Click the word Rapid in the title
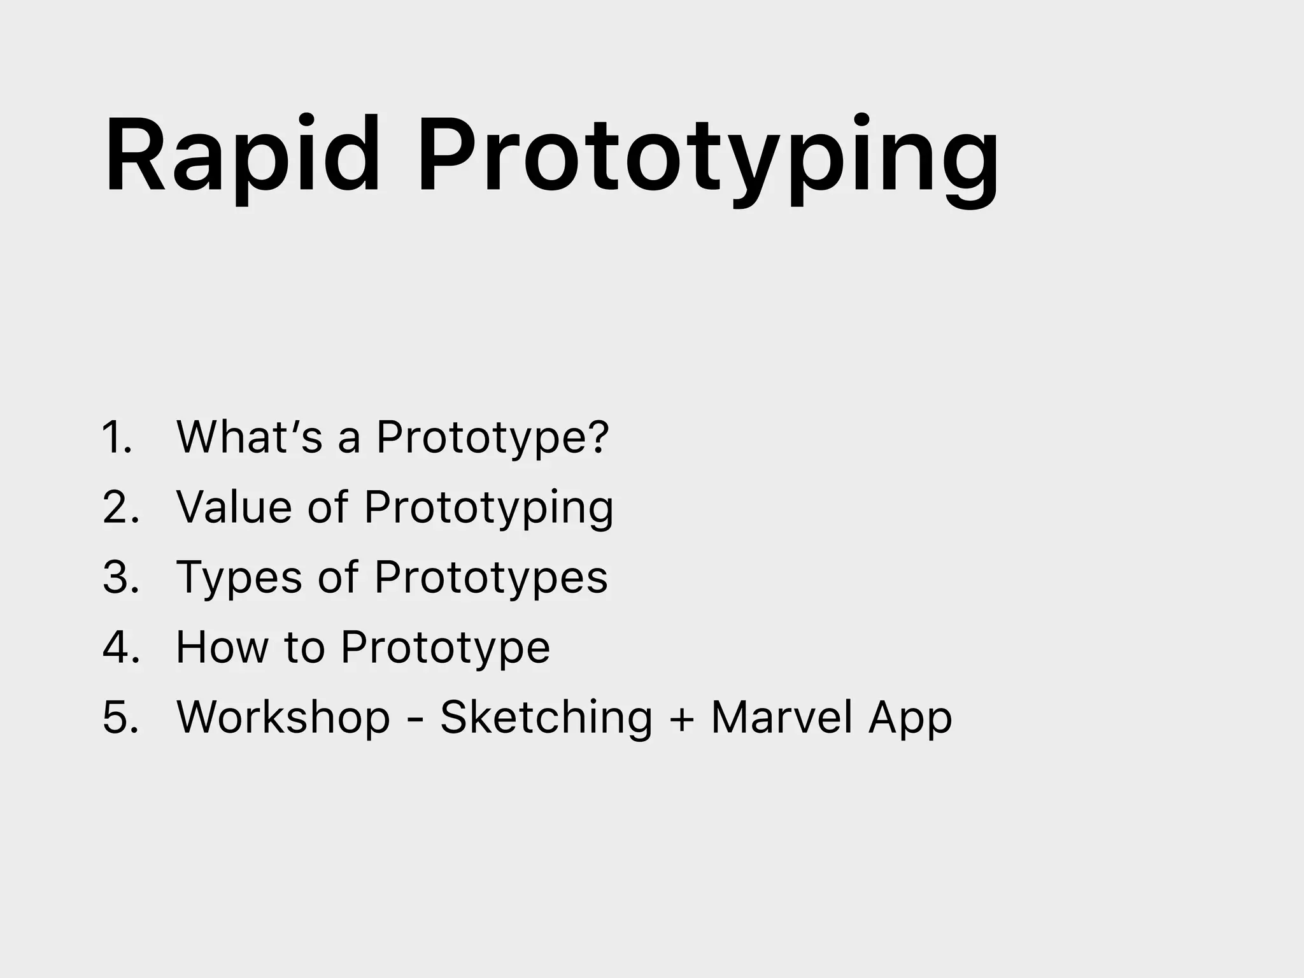pos(242,156)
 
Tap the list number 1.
pos(117,437)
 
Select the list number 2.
pos(120,507)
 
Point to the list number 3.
pos(120,578)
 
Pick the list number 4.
pos(120,648)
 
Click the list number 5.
pos(120,718)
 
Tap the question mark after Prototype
pos(597,437)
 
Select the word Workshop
pos(283,718)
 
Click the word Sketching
pos(546,718)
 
